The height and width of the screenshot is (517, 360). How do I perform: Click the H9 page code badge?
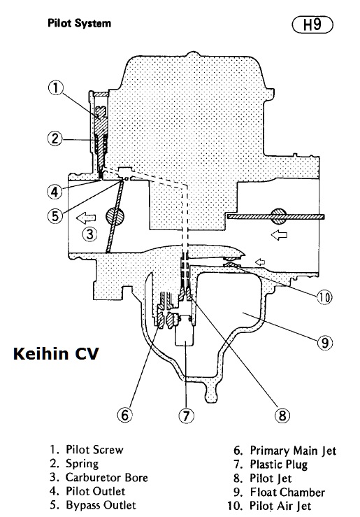pyautogui.click(x=312, y=25)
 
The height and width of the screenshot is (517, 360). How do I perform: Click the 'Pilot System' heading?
pyautogui.click(x=80, y=23)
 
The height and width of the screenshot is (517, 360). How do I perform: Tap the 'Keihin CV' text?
pyautogui.click(x=56, y=353)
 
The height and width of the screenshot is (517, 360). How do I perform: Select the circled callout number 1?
pyautogui.click(x=55, y=88)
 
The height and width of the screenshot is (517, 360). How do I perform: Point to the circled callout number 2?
pyautogui.click(x=55, y=139)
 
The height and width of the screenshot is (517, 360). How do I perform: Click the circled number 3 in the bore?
pyautogui.click(x=89, y=234)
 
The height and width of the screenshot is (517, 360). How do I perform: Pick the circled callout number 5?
pyautogui.click(x=55, y=216)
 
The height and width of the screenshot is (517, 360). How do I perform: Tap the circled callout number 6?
pyautogui.click(x=125, y=415)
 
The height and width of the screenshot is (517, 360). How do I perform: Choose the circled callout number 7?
pyautogui.click(x=186, y=416)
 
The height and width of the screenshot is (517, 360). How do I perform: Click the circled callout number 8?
pyautogui.click(x=282, y=416)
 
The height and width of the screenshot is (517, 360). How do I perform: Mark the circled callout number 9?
pyautogui.click(x=325, y=343)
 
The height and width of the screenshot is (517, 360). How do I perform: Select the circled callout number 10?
pyautogui.click(x=324, y=298)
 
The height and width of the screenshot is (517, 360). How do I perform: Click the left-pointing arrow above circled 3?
pyautogui.click(x=86, y=218)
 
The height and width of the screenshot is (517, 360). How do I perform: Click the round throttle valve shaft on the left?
pyautogui.click(x=115, y=216)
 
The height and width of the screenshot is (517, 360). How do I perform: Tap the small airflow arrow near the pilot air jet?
pyautogui.click(x=260, y=262)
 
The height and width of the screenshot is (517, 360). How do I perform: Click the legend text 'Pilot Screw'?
pyautogui.click(x=94, y=450)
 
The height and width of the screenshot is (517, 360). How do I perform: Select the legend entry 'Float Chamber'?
pyautogui.click(x=287, y=493)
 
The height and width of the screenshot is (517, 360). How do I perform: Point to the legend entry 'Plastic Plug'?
pyautogui.click(x=279, y=465)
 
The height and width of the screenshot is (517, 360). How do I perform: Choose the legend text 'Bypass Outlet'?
pyautogui.click(x=101, y=505)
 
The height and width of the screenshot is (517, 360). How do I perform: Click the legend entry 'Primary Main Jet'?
pyautogui.click(x=293, y=451)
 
